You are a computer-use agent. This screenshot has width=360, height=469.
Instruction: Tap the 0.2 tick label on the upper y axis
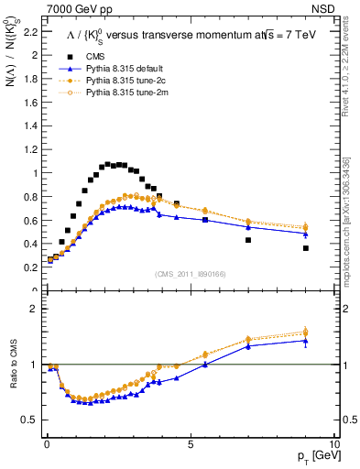tap(29, 267)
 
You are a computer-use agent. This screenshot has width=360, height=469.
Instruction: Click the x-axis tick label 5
tap(190, 443)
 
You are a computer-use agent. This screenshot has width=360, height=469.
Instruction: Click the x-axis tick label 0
tap(46, 443)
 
